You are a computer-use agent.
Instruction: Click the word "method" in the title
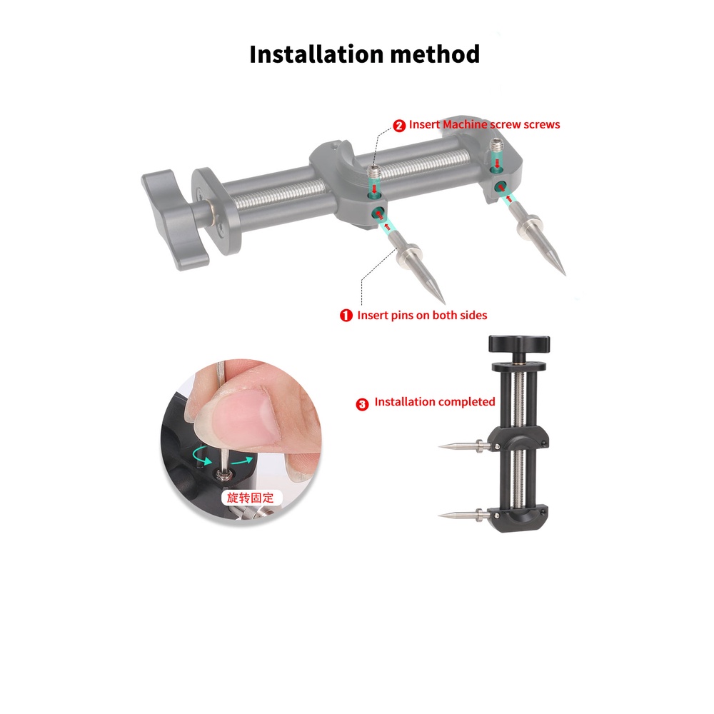coord(436,54)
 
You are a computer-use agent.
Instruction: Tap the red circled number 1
coord(346,315)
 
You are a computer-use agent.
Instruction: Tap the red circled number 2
coord(399,125)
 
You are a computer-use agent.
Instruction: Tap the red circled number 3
coord(362,404)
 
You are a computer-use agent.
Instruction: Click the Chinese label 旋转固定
coord(251,497)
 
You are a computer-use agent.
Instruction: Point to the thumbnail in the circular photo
coord(248,416)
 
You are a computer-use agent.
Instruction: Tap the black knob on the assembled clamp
coord(519,345)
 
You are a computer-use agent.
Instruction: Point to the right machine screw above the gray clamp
coord(496,148)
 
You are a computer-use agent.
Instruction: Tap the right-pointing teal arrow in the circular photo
coord(243,461)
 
